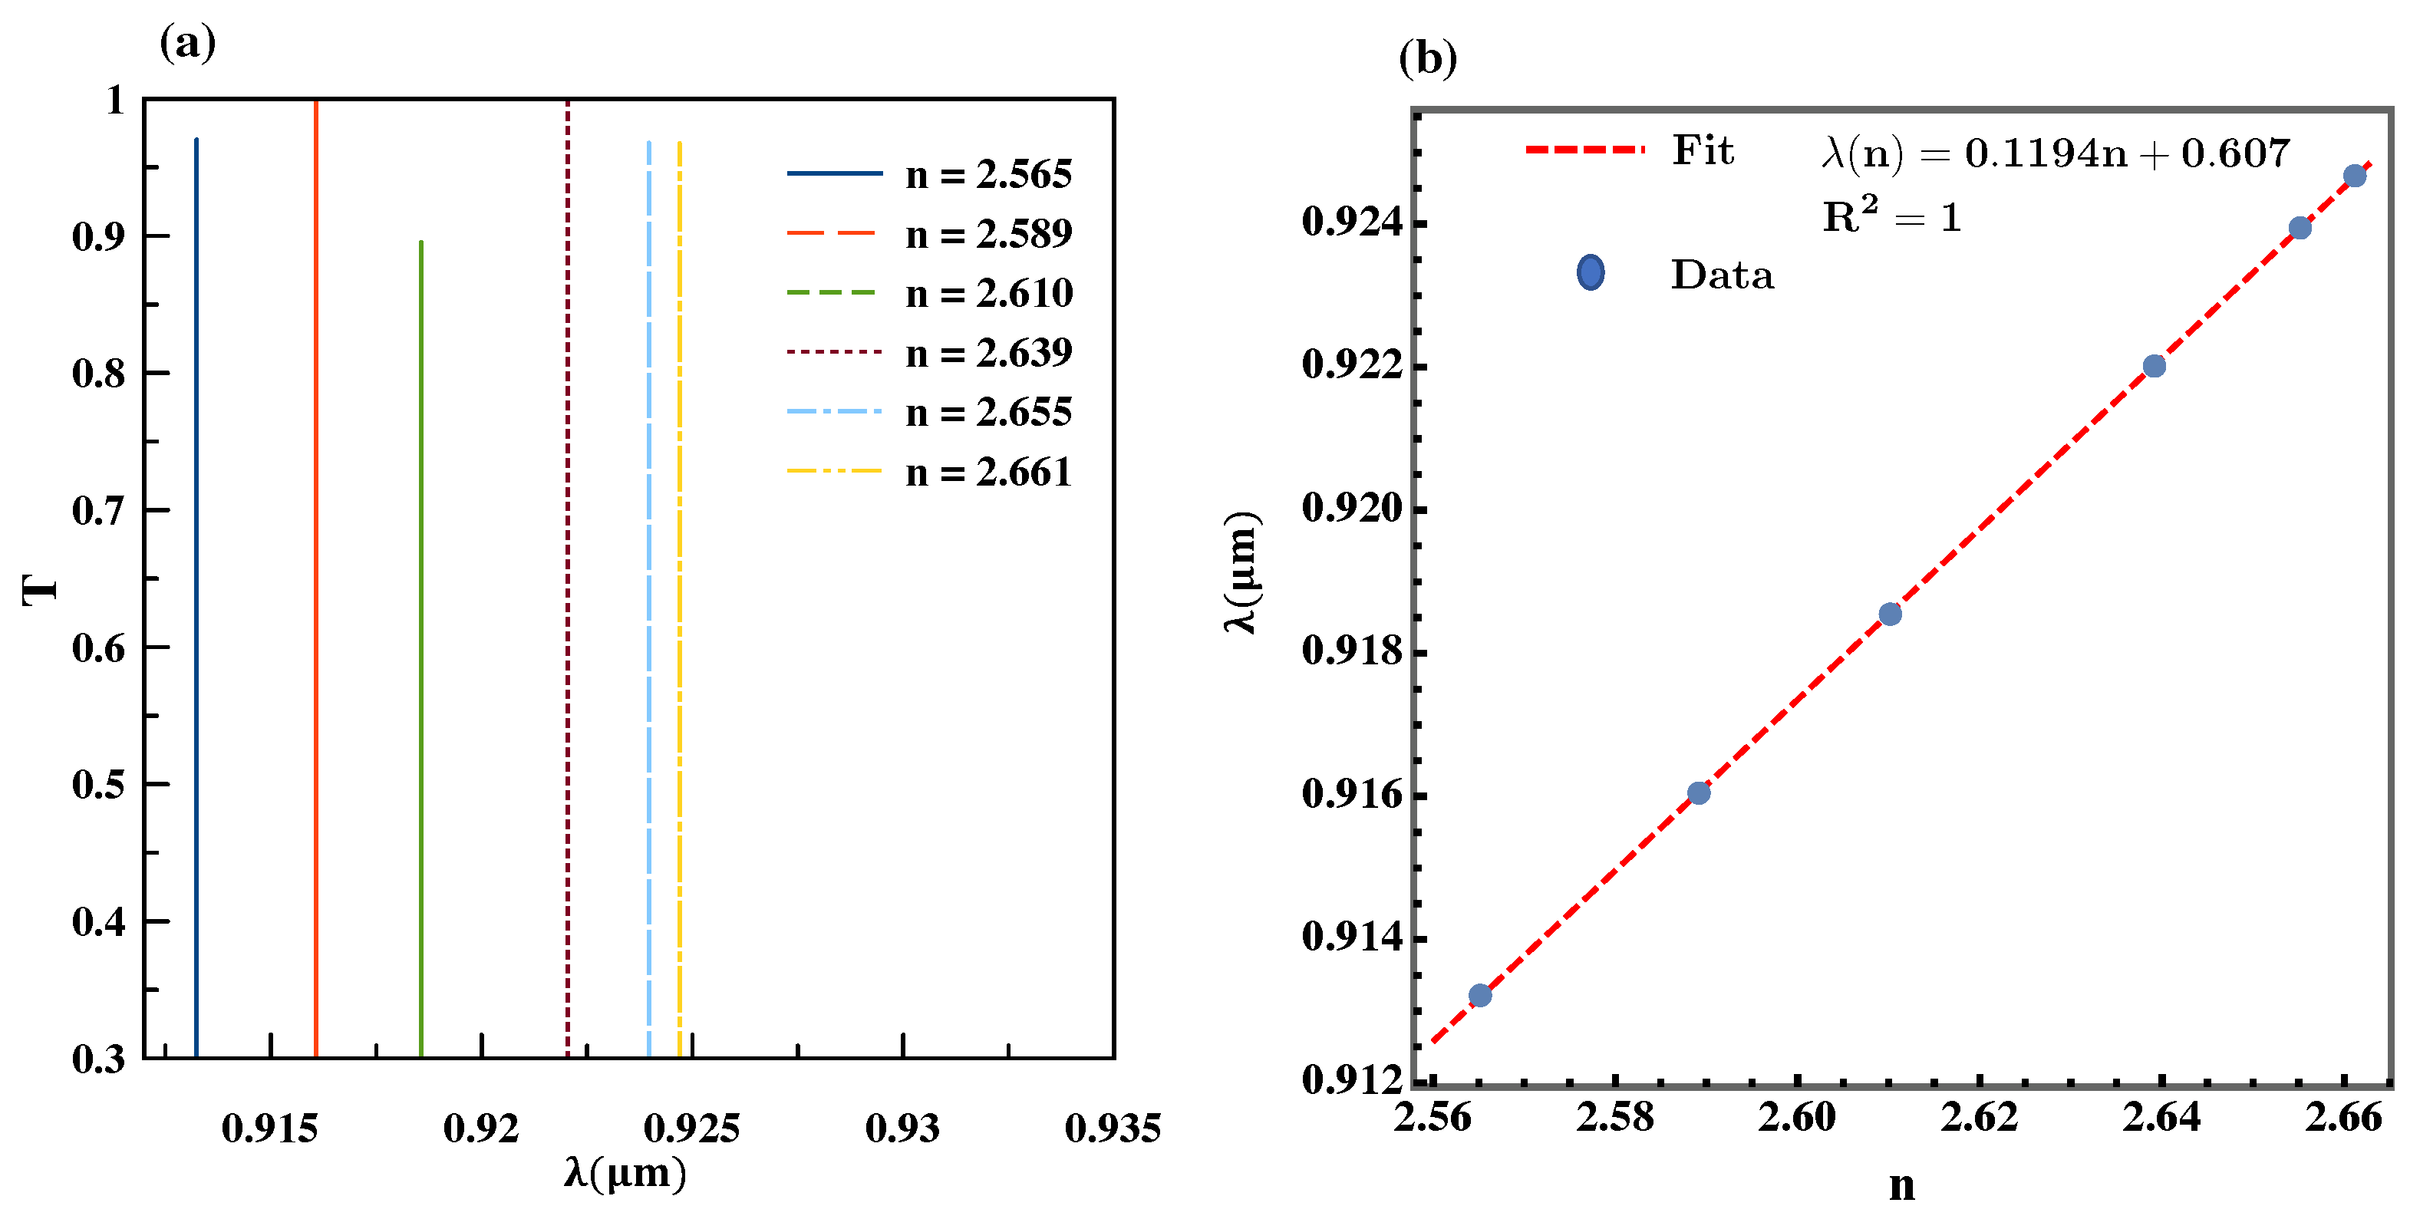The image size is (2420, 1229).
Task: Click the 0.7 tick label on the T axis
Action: pos(99,511)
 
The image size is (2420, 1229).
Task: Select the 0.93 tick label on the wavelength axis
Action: pos(902,1128)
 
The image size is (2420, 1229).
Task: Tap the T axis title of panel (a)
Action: pos(39,590)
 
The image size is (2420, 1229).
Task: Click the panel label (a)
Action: pos(188,43)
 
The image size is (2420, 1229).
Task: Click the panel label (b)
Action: pos(1428,58)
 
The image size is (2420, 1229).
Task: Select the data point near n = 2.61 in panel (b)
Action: pos(1890,614)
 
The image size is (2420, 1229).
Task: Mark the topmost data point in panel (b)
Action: pos(2354,176)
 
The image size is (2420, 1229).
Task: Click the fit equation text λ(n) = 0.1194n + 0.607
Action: pos(2056,152)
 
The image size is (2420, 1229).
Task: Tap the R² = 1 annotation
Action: pos(1892,217)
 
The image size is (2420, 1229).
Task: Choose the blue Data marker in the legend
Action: pos(1591,273)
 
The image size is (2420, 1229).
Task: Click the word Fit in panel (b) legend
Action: pos(1703,150)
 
